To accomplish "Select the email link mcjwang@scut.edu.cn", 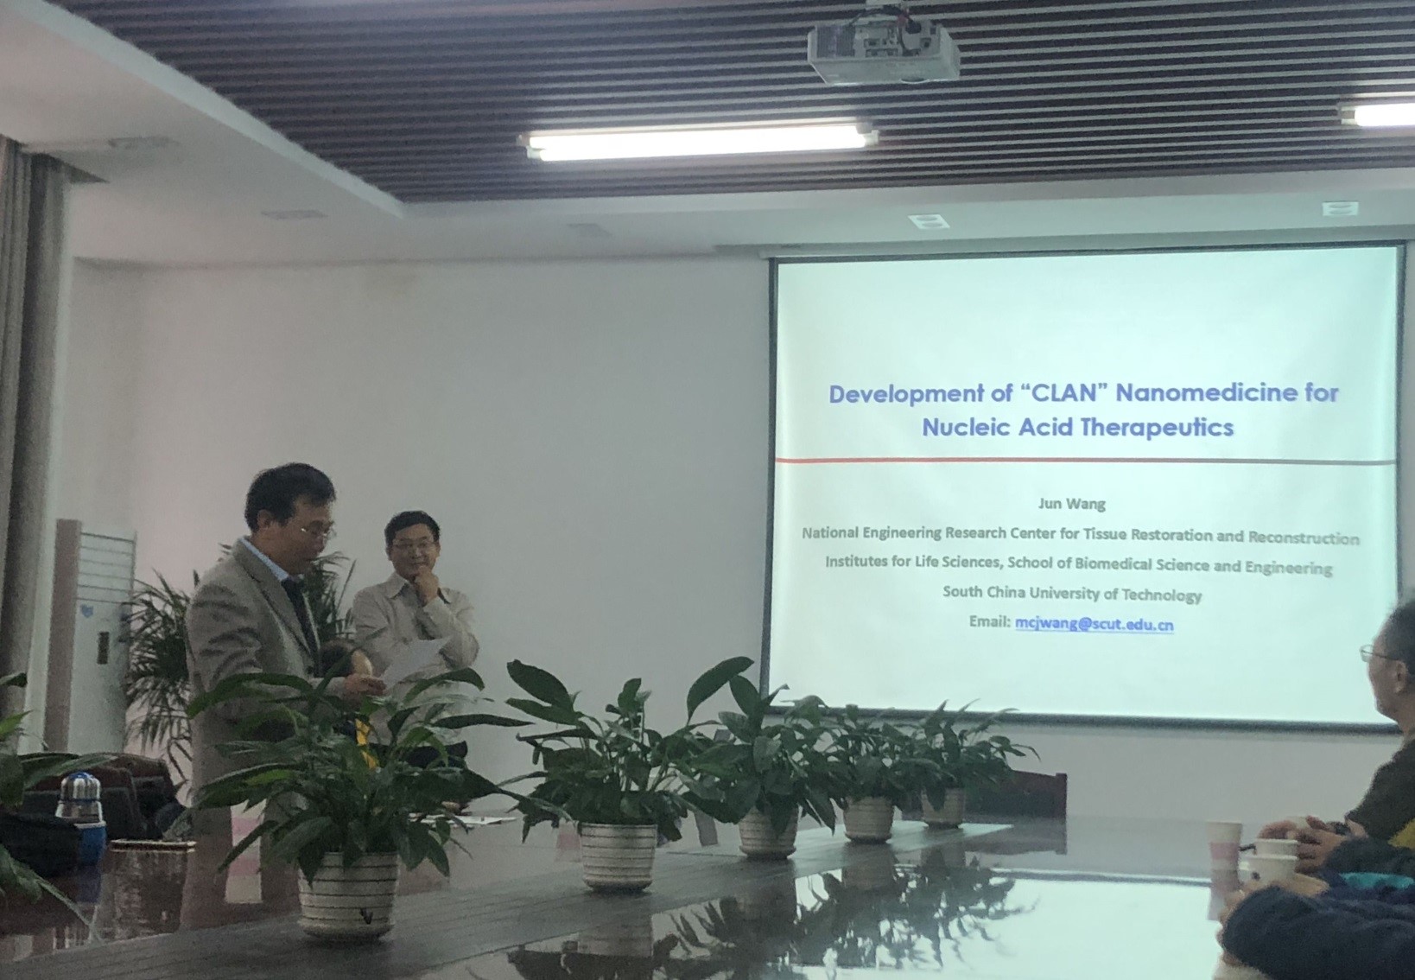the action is point(1095,624).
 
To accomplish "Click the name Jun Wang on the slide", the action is point(1072,504).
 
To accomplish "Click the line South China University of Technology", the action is point(1072,594).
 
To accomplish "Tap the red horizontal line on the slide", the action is point(1084,461).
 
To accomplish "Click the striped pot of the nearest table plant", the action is point(348,894).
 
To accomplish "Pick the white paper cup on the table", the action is point(1223,843).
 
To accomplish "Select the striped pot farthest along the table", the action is point(942,807).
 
